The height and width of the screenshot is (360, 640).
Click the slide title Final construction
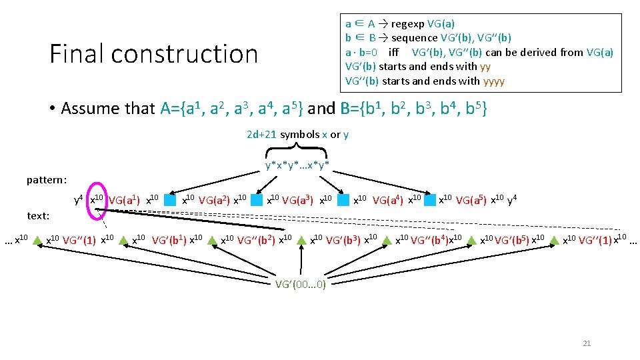click(153, 54)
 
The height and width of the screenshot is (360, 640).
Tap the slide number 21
click(587, 343)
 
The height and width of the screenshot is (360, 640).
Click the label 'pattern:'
click(47, 180)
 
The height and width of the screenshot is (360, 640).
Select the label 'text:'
click(38, 216)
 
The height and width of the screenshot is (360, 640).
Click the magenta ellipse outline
click(97, 199)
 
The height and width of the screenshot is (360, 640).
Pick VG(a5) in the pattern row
click(471, 199)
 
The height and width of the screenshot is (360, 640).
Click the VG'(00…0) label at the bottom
click(301, 285)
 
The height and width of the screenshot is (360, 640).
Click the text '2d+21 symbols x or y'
click(297, 135)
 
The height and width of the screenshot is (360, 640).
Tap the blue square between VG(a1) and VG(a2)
click(171, 199)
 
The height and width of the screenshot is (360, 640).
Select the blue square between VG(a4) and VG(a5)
click(430, 199)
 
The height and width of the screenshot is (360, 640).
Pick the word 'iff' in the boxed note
click(393, 52)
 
